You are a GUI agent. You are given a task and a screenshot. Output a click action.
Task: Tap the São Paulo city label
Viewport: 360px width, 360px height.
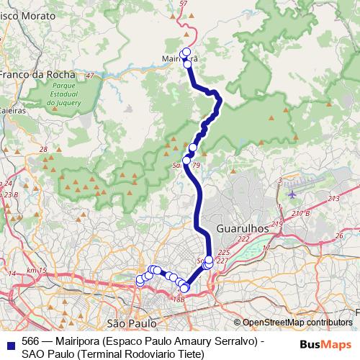click(x=132, y=323)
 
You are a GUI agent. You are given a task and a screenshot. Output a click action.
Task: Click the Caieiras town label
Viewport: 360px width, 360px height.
click(x=12, y=111)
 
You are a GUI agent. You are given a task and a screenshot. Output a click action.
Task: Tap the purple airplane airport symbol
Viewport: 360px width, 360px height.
click(x=292, y=192)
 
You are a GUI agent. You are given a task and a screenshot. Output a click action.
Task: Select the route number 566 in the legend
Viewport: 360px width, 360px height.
click(x=30, y=341)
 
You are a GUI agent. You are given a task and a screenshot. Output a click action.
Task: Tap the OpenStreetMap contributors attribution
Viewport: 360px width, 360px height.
click(x=297, y=323)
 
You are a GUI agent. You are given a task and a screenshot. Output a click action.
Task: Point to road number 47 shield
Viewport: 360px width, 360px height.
click(x=89, y=76)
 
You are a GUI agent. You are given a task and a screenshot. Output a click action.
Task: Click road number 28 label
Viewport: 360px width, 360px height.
click(x=43, y=150)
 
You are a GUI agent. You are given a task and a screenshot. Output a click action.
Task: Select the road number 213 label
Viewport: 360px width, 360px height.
click(x=333, y=198)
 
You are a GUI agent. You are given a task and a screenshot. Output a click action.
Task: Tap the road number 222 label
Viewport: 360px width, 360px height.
click(x=244, y=239)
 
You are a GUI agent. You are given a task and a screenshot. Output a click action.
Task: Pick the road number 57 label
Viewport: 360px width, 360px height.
click(x=183, y=4)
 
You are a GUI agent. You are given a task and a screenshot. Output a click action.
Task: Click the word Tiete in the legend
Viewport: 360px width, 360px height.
click(x=192, y=354)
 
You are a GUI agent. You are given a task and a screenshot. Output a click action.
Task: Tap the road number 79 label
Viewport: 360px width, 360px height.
click(x=196, y=166)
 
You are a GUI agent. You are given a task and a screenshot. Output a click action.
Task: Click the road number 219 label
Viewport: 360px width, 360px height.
click(x=277, y=225)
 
